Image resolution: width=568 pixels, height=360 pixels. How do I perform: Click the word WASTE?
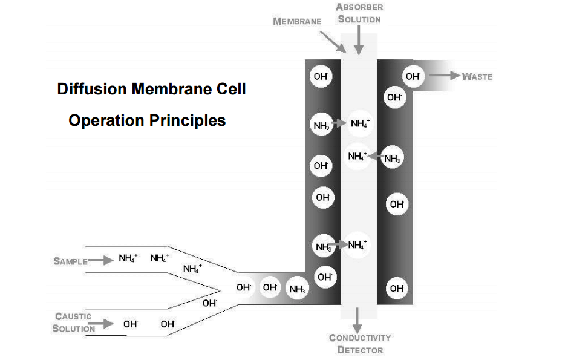(477, 77)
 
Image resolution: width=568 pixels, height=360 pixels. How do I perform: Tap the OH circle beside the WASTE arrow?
(413, 76)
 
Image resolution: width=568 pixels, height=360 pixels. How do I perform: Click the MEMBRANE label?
(297, 21)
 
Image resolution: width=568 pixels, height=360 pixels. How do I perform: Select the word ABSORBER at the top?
(359, 7)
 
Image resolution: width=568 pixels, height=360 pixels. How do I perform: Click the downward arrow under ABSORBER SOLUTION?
(359, 41)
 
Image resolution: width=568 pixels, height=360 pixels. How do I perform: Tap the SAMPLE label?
(70, 261)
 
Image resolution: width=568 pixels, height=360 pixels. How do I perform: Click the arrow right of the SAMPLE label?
(100, 261)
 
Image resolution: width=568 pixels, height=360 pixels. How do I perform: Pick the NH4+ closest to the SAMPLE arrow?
(128, 258)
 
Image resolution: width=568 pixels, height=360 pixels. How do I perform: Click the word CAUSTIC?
(73, 316)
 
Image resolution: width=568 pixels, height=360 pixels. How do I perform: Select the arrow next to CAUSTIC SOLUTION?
(104, 324)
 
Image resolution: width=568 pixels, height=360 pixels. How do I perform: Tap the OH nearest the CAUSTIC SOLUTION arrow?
(131, 324)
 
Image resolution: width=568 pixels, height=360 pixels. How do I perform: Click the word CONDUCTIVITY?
(359, 338)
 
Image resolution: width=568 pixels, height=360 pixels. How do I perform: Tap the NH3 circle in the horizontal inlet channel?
(297, 289)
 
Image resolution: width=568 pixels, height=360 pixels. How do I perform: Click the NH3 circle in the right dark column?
(392, 159)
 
